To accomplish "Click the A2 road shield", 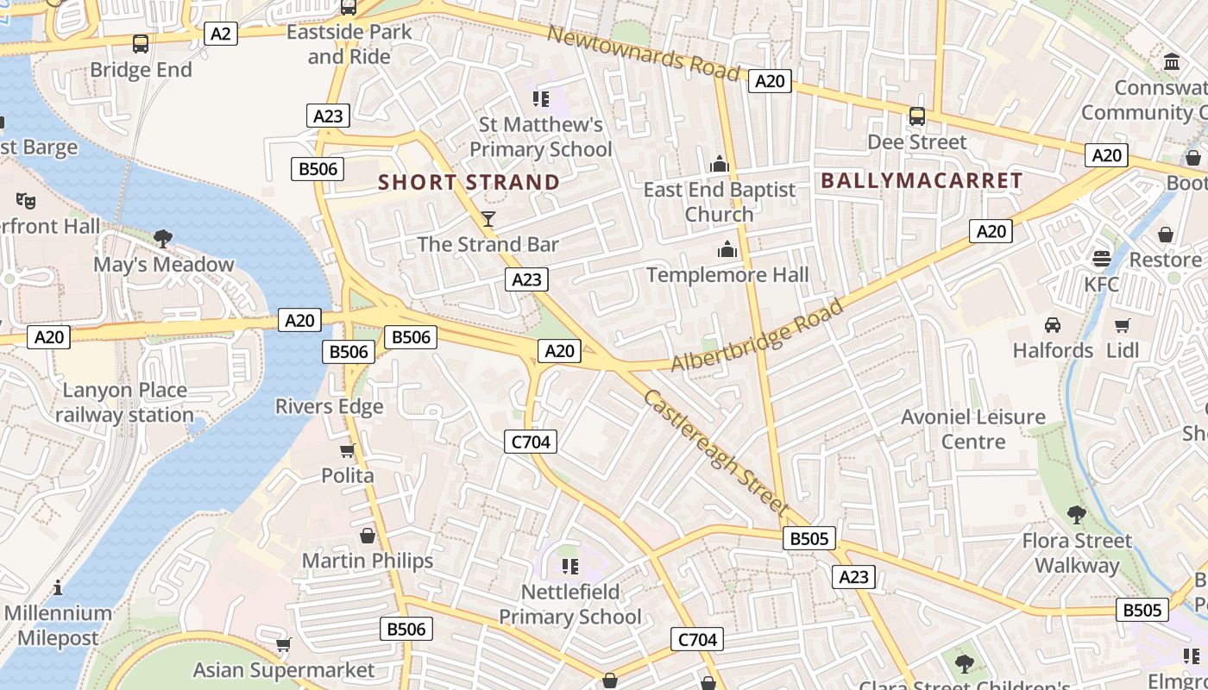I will click(x=221, y=34).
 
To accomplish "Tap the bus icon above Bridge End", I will click(x=141, y=43).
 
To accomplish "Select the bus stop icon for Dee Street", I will click(x=917, y=116).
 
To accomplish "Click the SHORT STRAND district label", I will click(x=469, y=182).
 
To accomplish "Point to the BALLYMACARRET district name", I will click(x=922, y=180).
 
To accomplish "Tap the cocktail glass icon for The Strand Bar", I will click(x=488, y=219).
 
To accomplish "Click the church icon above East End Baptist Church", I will click(x=720, y=164).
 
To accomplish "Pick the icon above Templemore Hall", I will click(x=727, y=249).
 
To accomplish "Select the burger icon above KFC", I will click(x=1101, y=258).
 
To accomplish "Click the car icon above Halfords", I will click(x=1053, y=325).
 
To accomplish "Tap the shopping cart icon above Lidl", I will click(x=1122, y=325).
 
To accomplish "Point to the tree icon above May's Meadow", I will click(x=162, y=238).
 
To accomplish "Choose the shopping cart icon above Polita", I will click(x=348, y=450).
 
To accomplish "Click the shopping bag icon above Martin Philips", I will click(x=368, y=536).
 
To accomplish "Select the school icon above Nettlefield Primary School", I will click(x=569, y=566).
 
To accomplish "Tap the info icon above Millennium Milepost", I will click(x=57, y=588).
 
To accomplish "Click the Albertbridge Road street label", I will click(x=758, y=336).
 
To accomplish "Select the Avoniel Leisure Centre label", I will click(x=973, y=429).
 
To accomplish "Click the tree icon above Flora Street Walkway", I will click(x=1076, y=515).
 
